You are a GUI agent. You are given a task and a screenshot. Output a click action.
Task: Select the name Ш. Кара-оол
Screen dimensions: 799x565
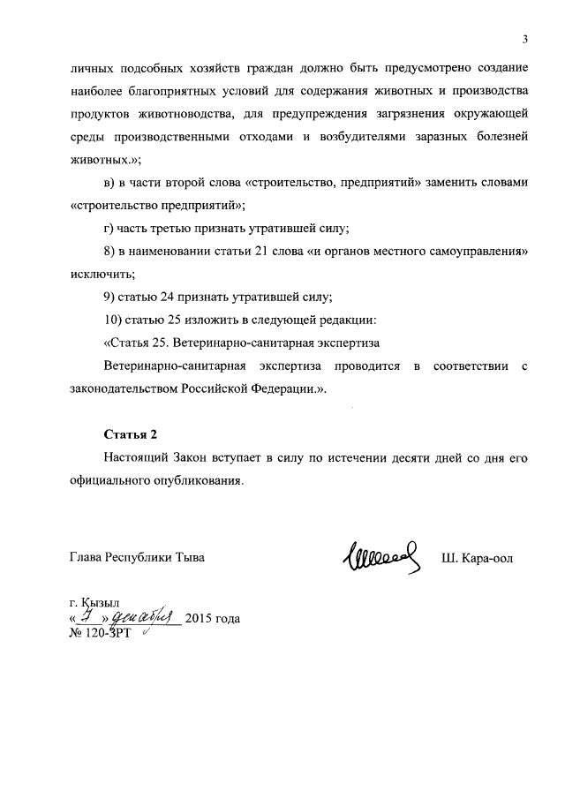point(477,558)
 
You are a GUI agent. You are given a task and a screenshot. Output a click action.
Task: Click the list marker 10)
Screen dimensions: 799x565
point(116,319)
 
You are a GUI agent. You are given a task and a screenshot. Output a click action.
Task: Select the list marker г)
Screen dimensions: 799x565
point(111,229)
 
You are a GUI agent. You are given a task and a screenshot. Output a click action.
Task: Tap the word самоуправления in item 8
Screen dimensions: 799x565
point(476,252)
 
